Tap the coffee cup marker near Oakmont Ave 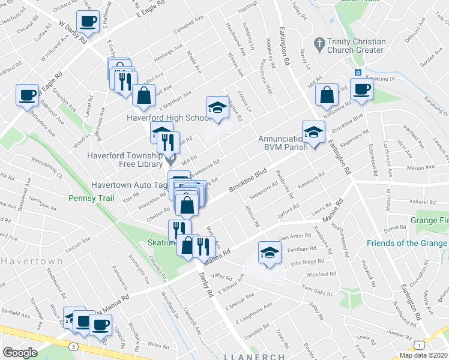point(28,95)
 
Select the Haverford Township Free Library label point(125,159)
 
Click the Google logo point(20,352)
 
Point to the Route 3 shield point(73,346)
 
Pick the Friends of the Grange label point(406,243)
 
